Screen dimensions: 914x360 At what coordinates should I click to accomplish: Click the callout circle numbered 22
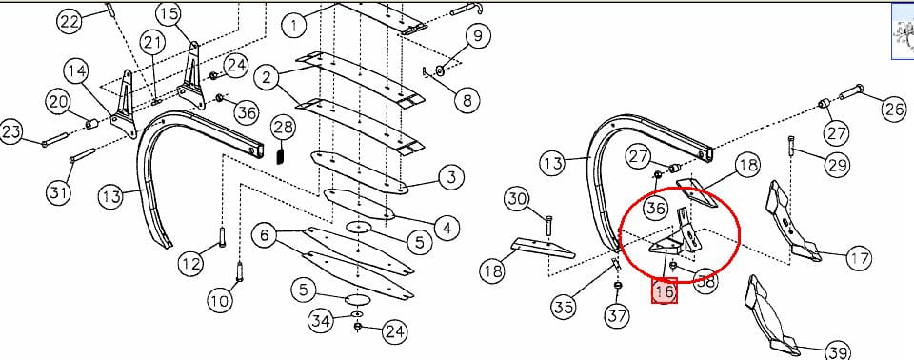coord(70,22)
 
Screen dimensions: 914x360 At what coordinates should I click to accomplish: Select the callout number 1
coord(295,25)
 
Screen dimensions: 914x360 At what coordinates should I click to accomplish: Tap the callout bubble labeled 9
coord(477,36)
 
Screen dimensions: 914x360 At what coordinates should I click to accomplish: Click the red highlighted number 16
coord(665,290)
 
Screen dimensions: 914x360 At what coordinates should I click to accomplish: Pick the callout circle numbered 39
coord(838,352)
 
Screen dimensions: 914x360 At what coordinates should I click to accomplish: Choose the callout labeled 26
coord(894,109)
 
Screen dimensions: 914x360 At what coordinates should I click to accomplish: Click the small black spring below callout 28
coord(281,156)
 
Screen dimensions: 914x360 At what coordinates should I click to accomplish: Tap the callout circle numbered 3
coord(450,177)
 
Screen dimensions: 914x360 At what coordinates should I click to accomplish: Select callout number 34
coord(321,320)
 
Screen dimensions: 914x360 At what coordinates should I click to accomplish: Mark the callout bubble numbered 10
coord(219,301)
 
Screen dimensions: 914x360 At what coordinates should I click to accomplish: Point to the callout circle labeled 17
coord(858,257)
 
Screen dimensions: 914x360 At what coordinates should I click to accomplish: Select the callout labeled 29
coord(837,165)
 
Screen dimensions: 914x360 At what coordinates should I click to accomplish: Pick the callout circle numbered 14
coord(76,71)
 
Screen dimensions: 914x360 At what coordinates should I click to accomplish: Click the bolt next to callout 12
coord(222,237)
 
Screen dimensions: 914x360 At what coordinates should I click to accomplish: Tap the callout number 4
coord(447,227)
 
